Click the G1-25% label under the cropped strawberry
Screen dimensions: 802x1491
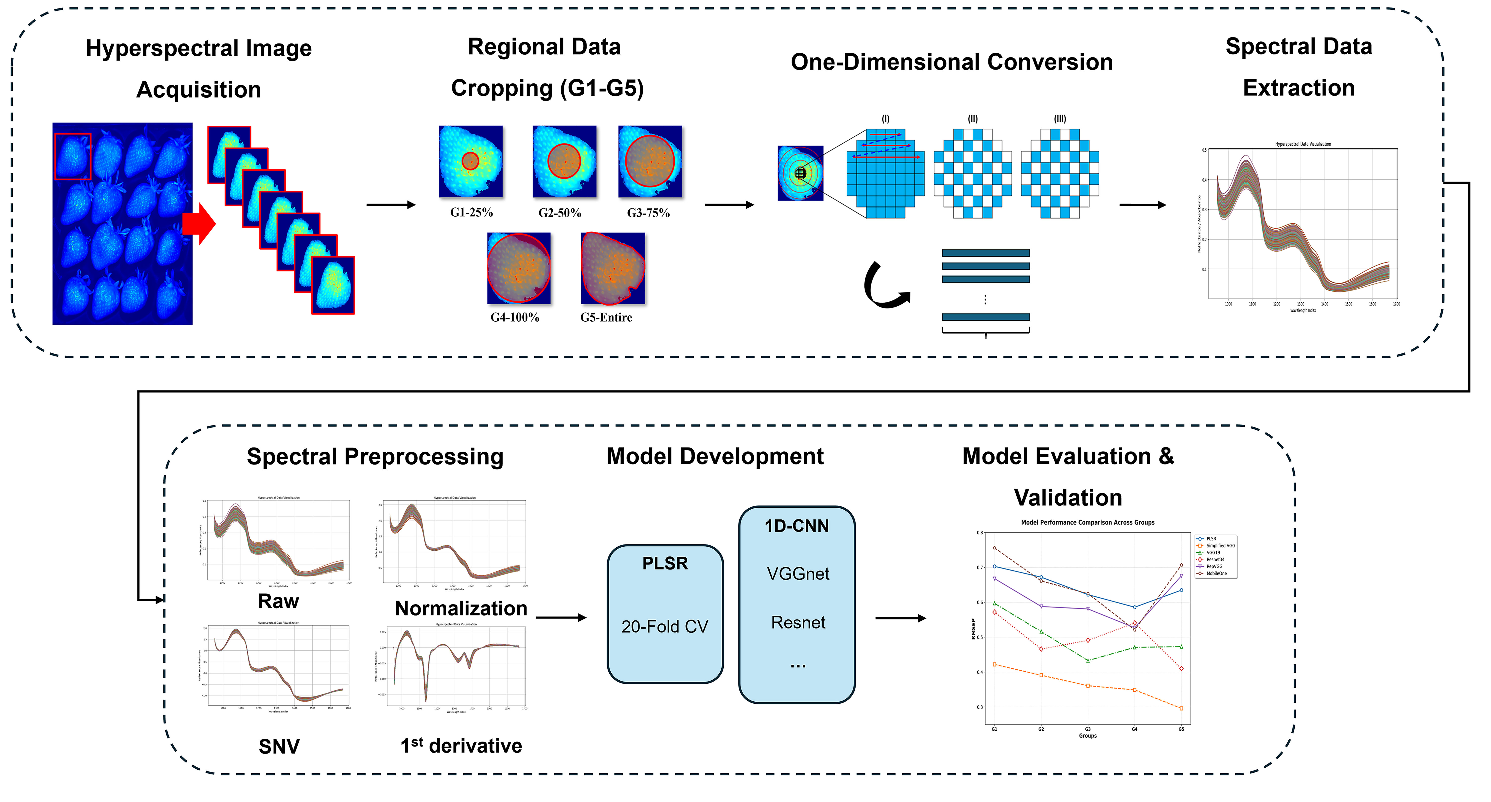click(x=471, y=212)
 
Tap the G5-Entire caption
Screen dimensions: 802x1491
click(x=606, y=317)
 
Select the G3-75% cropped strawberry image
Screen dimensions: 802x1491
click(x=650, y=161)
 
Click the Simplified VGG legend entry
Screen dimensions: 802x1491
click(x=1220, y=546)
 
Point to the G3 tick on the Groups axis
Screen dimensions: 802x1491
click(x=1088, y=729)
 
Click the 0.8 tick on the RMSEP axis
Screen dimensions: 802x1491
click(x=980, y=532)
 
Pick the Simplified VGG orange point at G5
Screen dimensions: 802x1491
click(x=1181, y=708)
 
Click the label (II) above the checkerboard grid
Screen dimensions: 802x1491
click(x=972, y=119)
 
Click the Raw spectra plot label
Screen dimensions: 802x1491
click(x=278, y=601)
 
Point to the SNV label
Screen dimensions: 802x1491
click(x=279, y=746)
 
